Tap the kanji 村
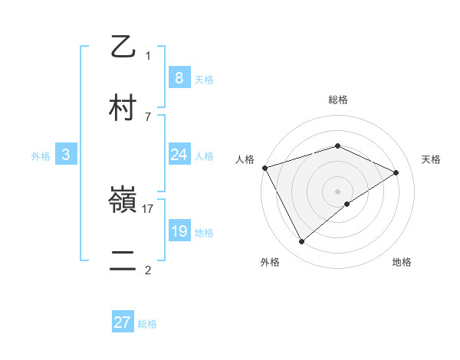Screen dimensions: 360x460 (123, 107)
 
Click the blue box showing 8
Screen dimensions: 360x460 (179, 77)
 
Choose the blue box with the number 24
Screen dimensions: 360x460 (179, 155)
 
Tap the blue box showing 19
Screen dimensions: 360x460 (179, 231)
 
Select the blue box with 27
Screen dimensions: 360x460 (123, 322)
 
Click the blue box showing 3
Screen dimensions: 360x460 (66, 155)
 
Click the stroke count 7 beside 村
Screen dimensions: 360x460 (148, 116)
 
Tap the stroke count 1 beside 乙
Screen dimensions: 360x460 (148, 55)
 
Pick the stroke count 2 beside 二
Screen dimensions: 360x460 (148, 270)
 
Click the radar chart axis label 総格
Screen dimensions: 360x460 (338, 100)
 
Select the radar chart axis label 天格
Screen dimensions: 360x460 (431, 159)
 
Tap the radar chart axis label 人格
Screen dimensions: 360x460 (245, 159)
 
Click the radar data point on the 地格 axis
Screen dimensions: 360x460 (347, 204)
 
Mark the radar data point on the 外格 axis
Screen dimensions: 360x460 (301, 242)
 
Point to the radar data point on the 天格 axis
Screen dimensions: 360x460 (396, 172)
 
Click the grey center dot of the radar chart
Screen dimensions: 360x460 (338, 191)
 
